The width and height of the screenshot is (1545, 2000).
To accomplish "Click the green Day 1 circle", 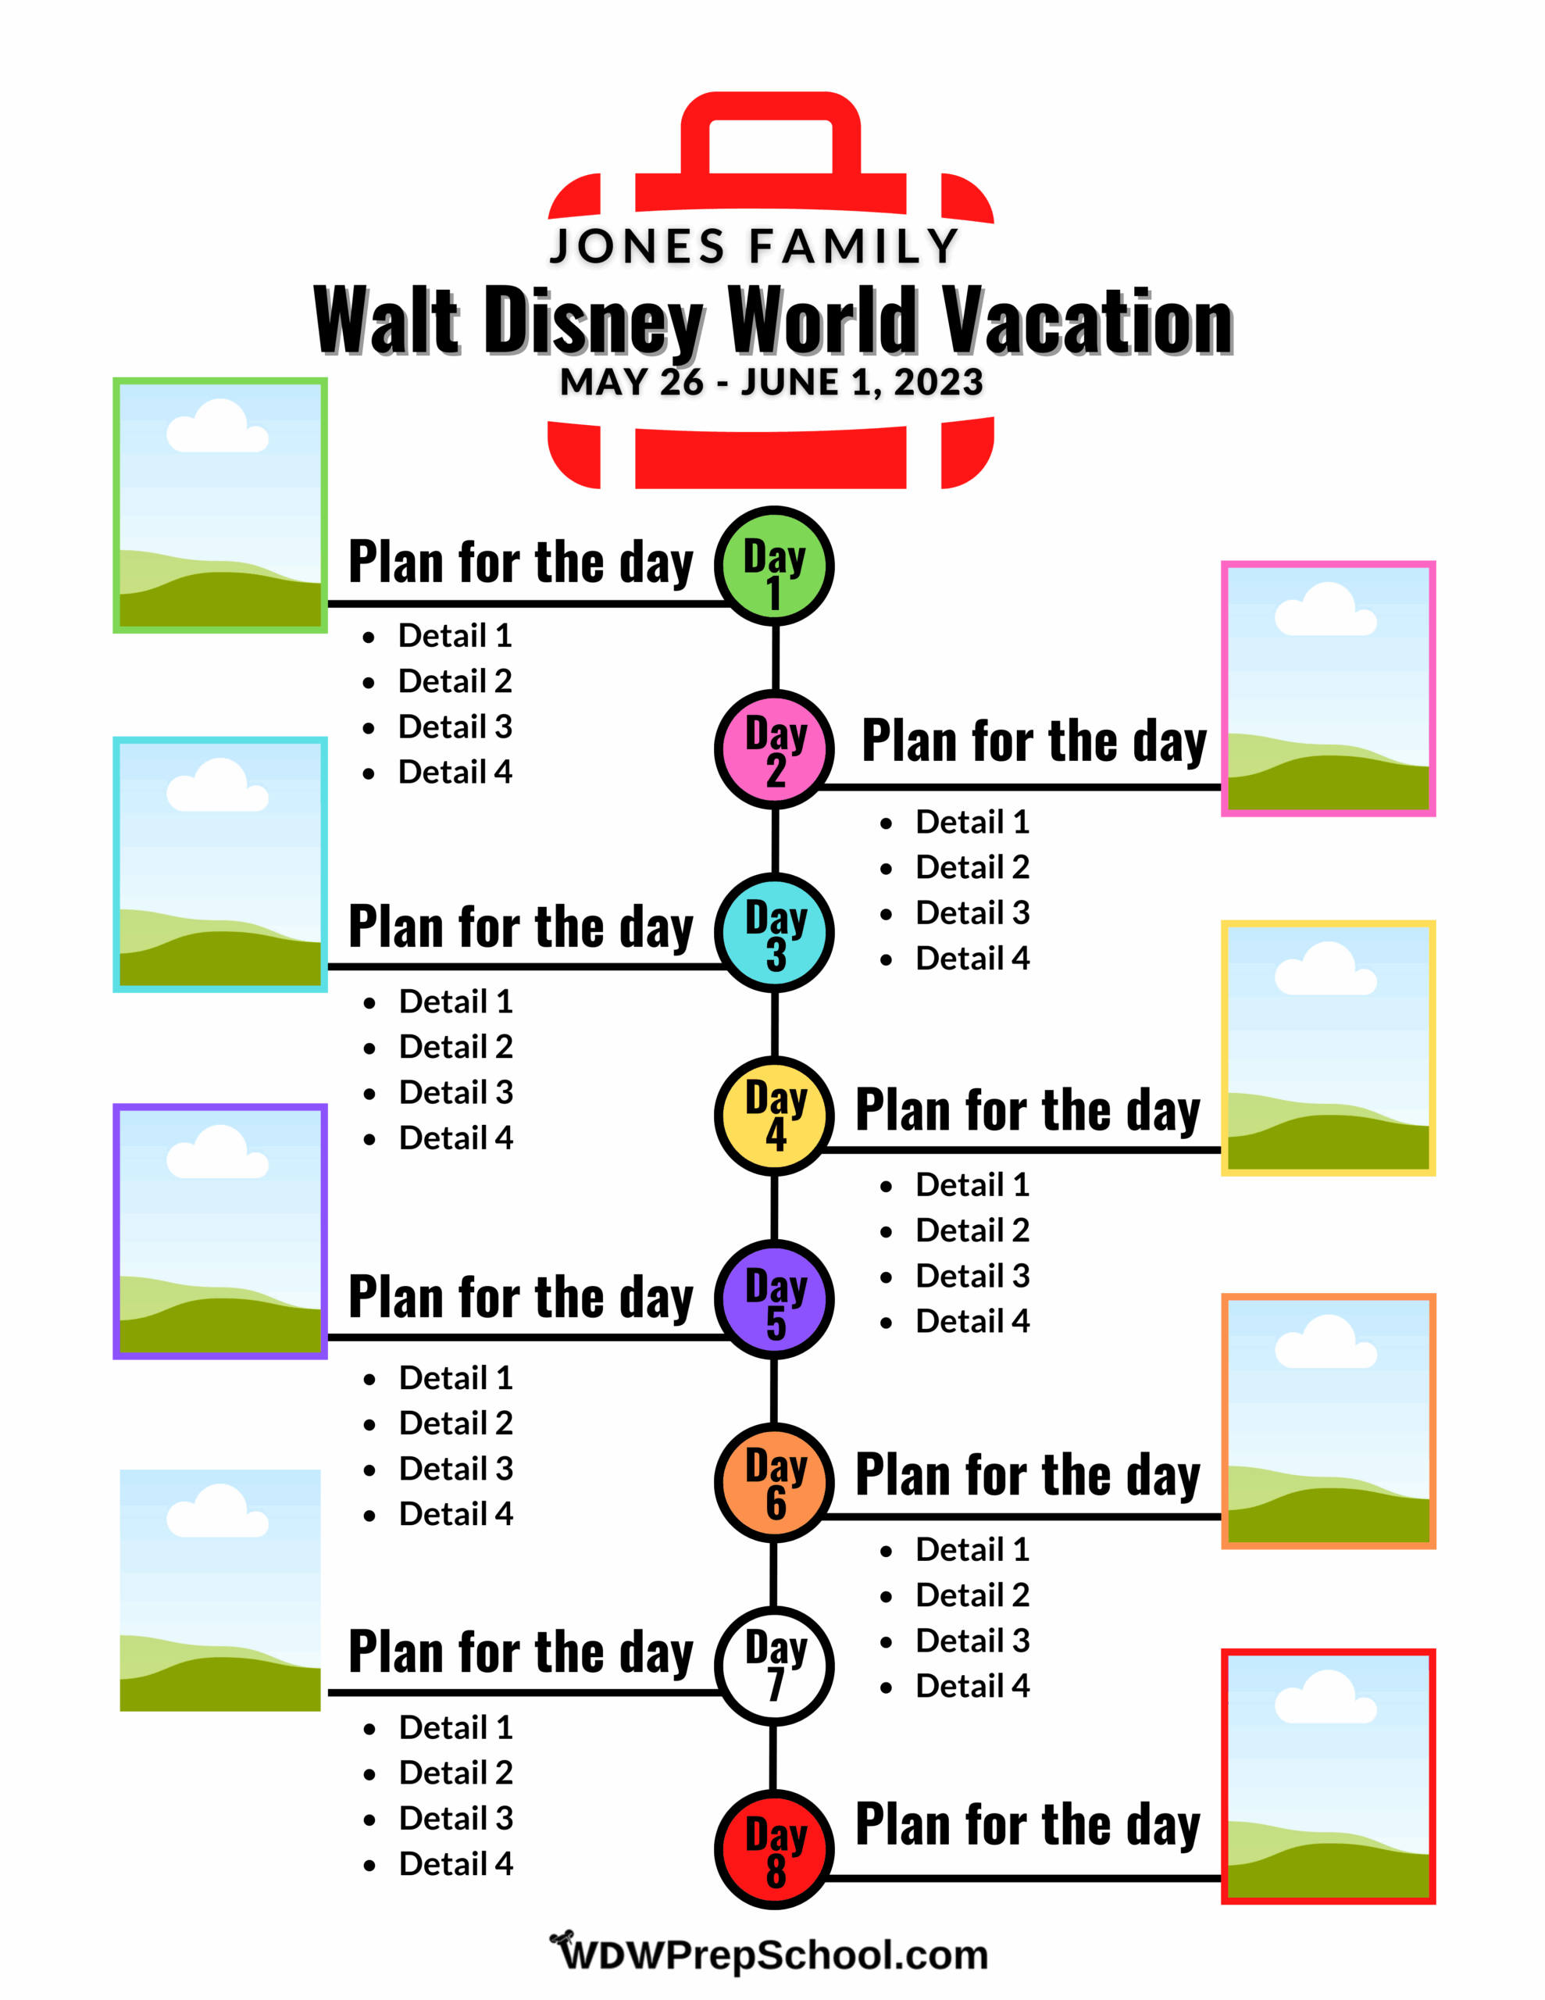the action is point(774,566).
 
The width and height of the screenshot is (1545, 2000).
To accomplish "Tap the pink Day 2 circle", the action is point(774,749).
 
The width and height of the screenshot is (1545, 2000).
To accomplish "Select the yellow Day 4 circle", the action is point(774,1116).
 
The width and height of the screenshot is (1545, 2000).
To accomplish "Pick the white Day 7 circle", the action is point(774,1666).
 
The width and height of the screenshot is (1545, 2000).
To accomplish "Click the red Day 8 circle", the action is point(774,1849).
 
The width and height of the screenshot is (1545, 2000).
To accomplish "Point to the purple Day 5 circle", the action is point(774,1298).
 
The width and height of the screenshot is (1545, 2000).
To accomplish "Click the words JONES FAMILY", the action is point(754,246).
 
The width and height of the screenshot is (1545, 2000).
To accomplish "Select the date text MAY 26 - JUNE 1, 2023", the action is point(771,382).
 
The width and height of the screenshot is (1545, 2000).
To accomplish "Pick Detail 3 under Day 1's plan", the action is point(455,727).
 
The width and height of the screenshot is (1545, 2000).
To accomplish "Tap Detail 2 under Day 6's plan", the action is point(972,1595).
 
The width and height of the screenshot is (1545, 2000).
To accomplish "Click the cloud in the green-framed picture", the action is point(218,426).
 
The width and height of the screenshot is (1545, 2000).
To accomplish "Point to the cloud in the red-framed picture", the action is point(1326,1697).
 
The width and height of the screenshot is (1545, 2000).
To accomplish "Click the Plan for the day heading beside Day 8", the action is point(1028,1824).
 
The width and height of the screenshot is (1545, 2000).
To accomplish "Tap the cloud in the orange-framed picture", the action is point(1326,1341).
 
